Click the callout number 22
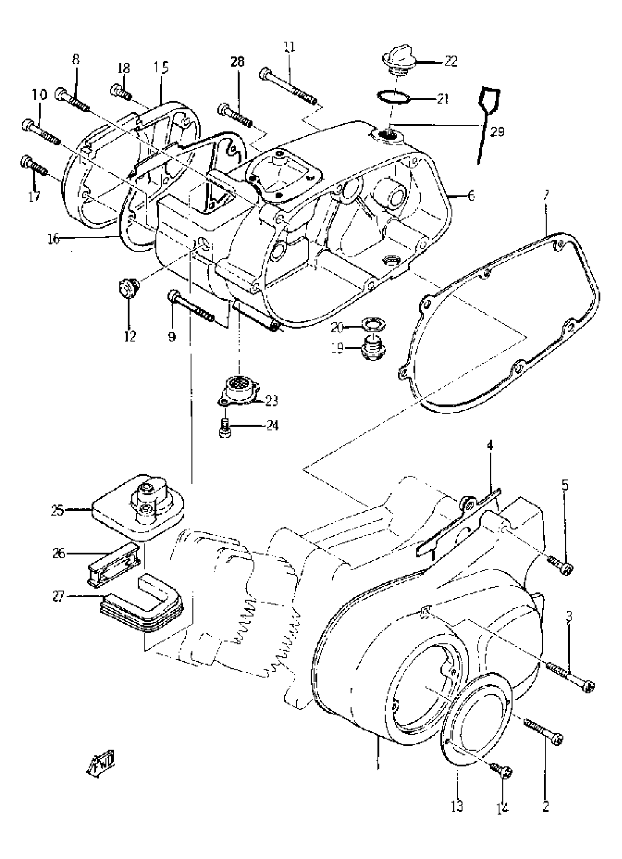451,61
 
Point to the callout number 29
497,131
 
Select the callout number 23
272,401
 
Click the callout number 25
58,510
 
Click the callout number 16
53,239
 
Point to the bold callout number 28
238,61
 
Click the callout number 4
490,446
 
